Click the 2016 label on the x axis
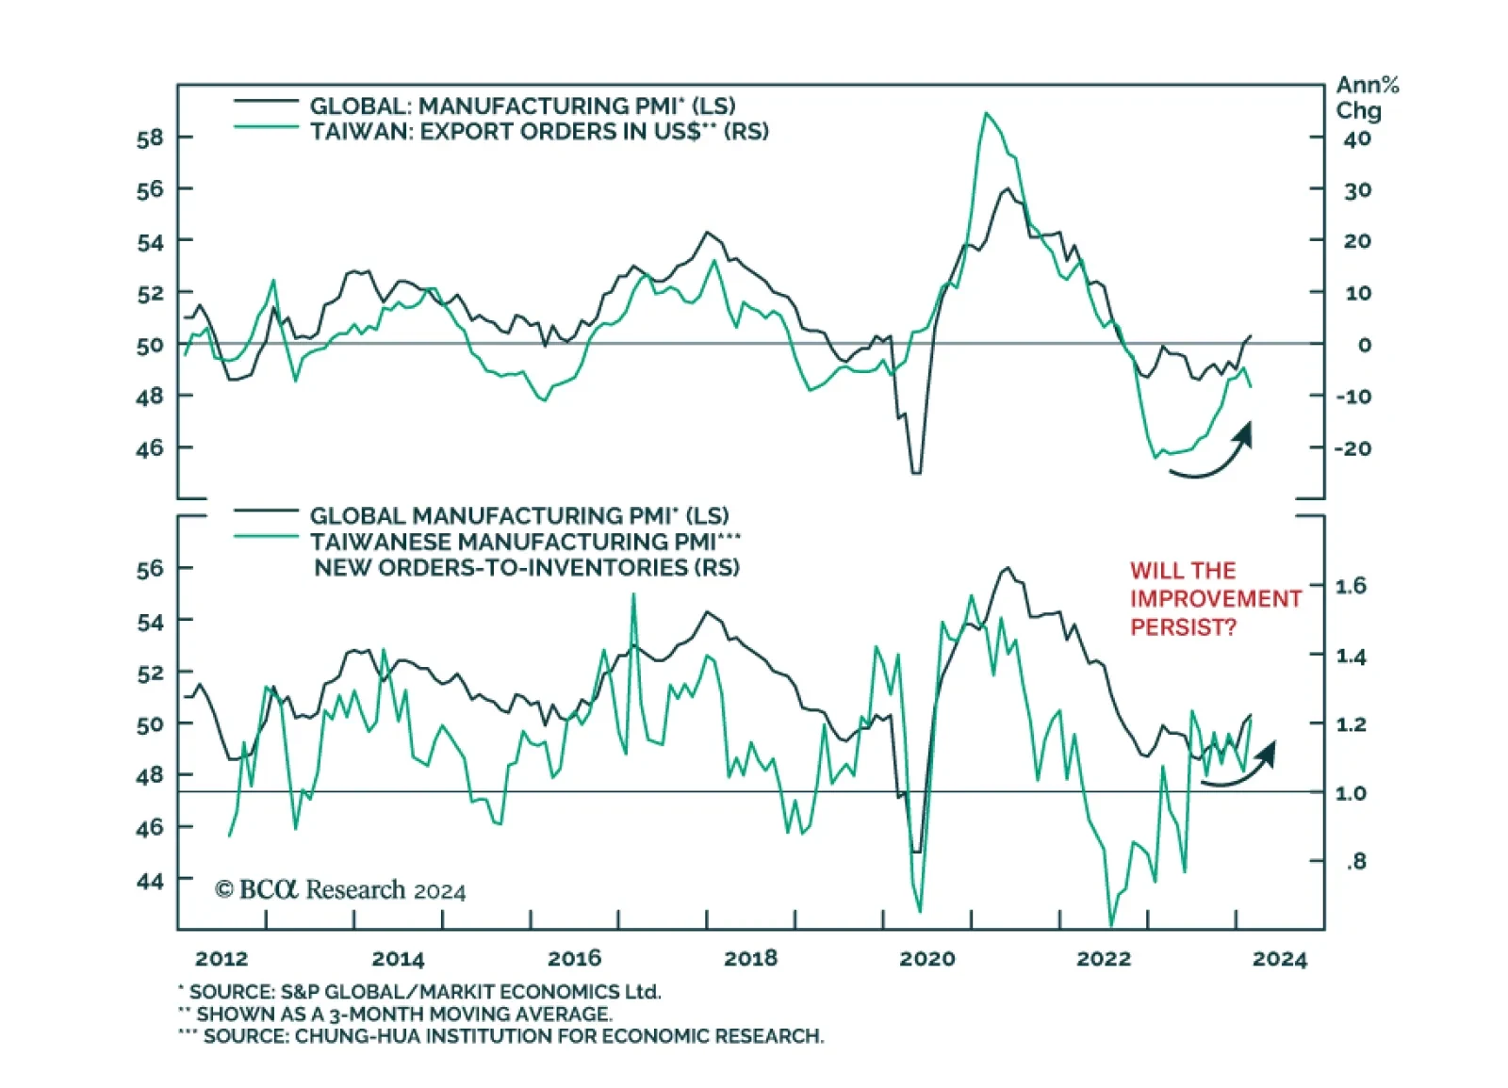[x=574, y=958]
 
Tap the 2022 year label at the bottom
[x=1103, y=958]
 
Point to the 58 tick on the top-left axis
[x=150, y=138]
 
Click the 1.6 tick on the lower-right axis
[x=1351, y=586]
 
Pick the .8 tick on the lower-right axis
[x=1355, y=861]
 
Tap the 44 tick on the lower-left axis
[x=150, y=881]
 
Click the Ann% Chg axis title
[x=1367, y=98]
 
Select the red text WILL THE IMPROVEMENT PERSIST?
[x=1215, y=598]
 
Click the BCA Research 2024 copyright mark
[x=340, y=889]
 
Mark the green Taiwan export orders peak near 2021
[x=986, y=114]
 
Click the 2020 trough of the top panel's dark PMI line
[x=915, y=472]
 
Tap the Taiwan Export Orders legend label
[x=539, y=131]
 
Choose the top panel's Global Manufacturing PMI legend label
[x=522, y=106]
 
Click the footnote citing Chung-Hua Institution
[x=501, y=1036]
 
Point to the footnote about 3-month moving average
[x=396, y=1014]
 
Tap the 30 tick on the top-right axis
[x=1356, y=190]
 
